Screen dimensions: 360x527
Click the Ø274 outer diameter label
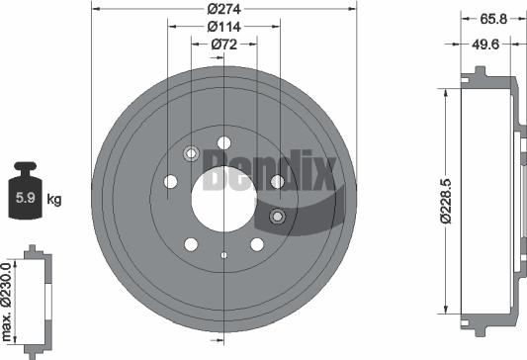223,10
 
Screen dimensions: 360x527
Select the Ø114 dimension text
223,28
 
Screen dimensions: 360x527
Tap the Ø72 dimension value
223,45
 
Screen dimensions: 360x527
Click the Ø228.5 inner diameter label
448,198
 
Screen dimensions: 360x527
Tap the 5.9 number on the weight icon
24,199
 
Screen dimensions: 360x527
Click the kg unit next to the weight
54,199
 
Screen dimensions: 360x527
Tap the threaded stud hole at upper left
191,153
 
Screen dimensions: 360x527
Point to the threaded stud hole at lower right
277,218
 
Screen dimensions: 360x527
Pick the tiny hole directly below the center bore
224,256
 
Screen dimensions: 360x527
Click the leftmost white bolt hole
170,182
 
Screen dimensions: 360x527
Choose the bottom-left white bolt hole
191,244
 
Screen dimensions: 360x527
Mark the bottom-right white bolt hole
257,244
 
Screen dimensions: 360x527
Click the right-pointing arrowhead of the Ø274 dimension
352,10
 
